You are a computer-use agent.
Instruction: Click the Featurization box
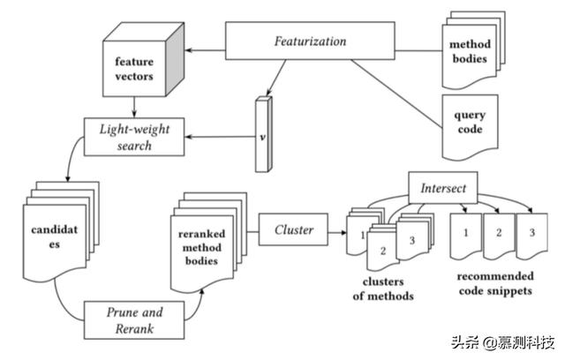point(310,41)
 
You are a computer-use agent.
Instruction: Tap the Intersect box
point(442,188)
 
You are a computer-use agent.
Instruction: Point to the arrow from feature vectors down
point(134,109)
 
